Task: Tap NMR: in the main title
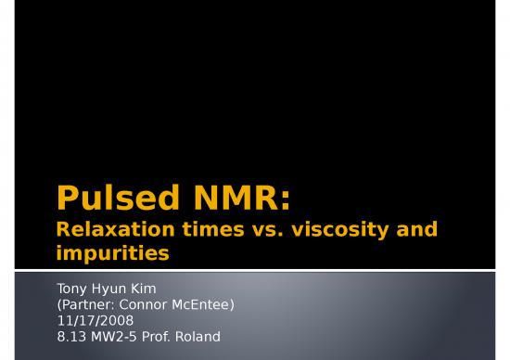coord(244,198)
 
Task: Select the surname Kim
coord(144,289)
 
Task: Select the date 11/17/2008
coord(96,320)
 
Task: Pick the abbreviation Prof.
coord(163,336)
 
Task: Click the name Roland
coord(201,336)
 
